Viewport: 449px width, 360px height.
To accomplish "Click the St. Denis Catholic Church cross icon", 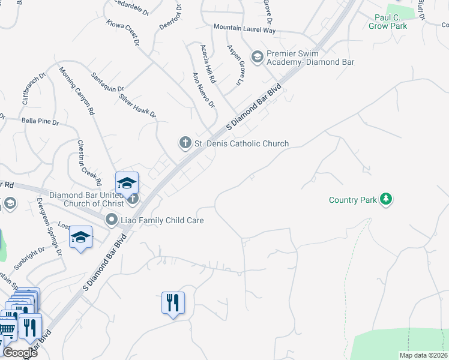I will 185,143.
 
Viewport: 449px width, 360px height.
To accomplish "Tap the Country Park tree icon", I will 387,199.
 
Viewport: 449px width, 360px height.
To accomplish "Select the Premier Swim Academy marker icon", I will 258,57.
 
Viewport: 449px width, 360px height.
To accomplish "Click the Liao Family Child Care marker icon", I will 111,220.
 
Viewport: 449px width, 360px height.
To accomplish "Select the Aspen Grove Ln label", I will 237,63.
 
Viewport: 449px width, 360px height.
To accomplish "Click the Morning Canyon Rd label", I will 77,91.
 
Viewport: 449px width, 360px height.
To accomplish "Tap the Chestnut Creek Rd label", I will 88,162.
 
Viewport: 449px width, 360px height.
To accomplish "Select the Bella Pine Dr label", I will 40,121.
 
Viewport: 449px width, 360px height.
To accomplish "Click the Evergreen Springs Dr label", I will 49,226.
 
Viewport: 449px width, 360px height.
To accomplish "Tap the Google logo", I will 20,353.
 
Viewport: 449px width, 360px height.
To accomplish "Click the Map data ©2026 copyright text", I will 423,355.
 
